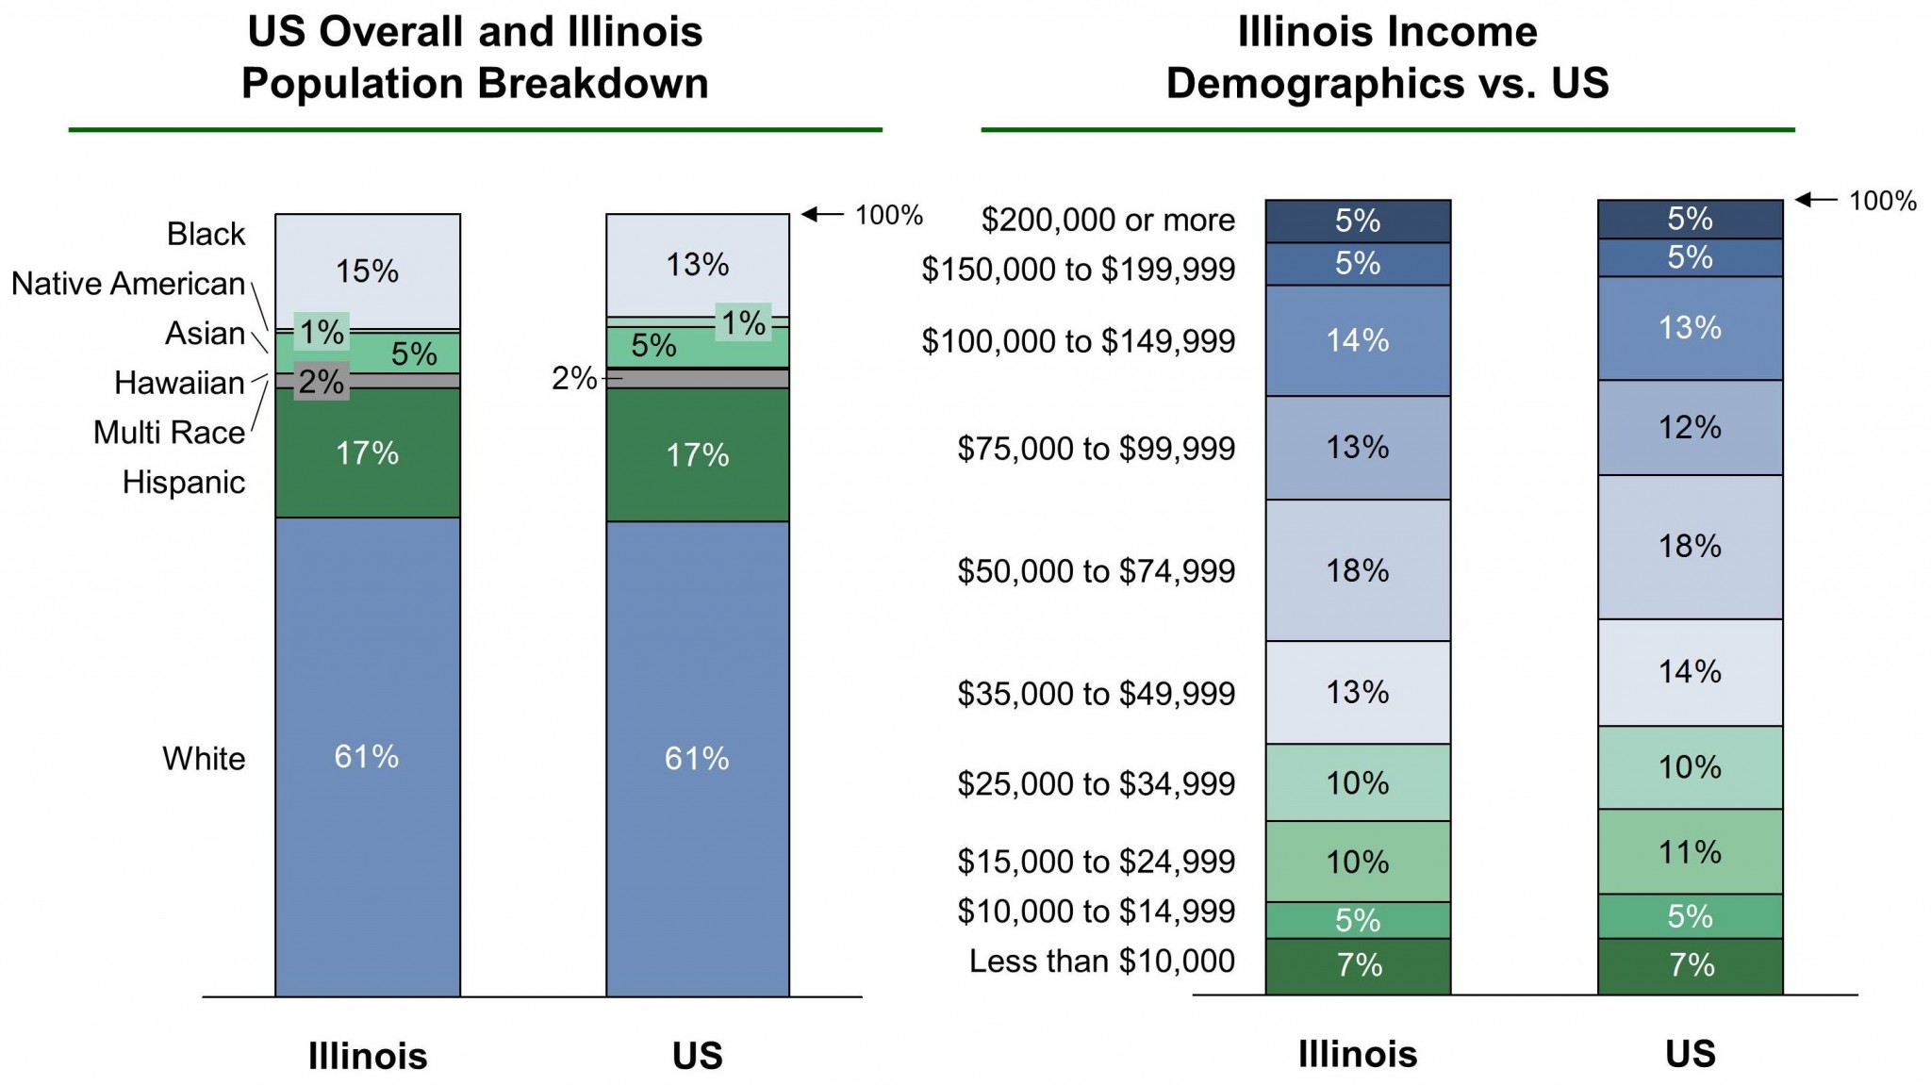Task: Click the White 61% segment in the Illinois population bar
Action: (x=368, y=756)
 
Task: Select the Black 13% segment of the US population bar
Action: (x=698, y=265)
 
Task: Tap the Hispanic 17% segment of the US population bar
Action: (x=698, y=454)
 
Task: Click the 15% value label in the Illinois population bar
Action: (x=368, y=271)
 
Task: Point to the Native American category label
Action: (x=128, y=284)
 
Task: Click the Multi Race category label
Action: (x=169, y=433)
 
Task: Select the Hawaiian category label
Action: (x=179, y=383)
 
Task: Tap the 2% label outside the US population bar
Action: (x=573, y=379)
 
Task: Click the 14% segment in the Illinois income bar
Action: (x=1358, y=340)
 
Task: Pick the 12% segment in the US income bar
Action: (x=1690, y=427)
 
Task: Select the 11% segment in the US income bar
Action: (x=1690, y=852)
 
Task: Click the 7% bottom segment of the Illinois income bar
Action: (x=1358, y=965)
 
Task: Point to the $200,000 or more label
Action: (x=1108, y=220)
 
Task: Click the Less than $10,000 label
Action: (x=1101, y=962)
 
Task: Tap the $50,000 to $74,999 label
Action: (x=1096, y=571)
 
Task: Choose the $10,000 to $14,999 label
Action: (x=1096, y=912)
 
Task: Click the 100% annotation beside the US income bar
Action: (x=1882, y=201)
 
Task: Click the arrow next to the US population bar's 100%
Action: (x=822, y=215)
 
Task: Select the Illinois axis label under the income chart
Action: (x=1358, y=1054)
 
